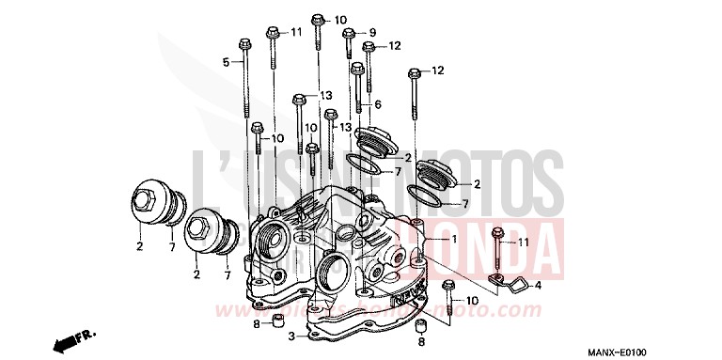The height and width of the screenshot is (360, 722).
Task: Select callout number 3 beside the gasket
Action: click(x=292, y=337)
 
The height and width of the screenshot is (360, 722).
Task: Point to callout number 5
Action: click(x=226, y=62)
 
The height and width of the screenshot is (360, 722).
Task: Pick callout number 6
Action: click(x=377, y=103)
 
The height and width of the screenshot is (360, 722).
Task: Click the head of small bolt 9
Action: click(x=348, y=33)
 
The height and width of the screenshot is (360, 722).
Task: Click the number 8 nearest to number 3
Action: click(x=256, y=324)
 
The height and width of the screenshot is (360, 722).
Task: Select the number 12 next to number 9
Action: click(x=394, y=45)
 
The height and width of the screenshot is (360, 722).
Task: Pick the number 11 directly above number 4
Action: click(x=524, y=243)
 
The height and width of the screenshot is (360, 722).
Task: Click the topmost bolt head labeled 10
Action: click(x=317, y=19)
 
